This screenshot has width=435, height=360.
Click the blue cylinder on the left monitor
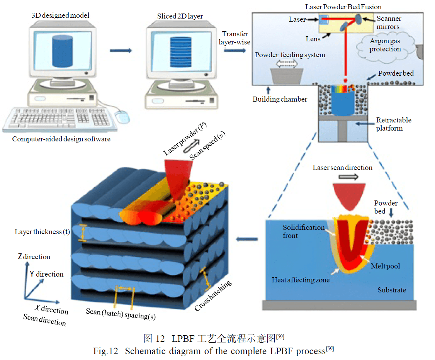63,51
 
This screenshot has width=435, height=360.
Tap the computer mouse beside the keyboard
122,117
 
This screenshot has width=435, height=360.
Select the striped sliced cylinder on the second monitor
180,52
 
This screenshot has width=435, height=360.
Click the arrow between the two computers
121,51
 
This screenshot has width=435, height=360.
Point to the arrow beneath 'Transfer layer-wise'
235,51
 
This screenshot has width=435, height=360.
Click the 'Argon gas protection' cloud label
385,45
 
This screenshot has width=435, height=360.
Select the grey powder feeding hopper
287,76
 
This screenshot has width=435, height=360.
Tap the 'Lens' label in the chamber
313,39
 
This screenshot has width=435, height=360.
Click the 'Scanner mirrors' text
389,22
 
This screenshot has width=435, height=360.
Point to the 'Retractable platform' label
394,124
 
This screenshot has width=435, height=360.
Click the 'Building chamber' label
280,99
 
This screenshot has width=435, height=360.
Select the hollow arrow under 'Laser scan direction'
348,177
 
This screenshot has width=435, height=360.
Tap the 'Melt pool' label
385,266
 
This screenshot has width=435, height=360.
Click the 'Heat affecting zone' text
301,280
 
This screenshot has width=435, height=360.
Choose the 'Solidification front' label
304,231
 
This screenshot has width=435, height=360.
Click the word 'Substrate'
392,290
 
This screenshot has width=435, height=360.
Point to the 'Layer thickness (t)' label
42,232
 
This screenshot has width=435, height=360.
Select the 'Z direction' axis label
34,257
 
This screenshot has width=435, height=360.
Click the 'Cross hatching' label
213,295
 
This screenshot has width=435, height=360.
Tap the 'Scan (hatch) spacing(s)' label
121,314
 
